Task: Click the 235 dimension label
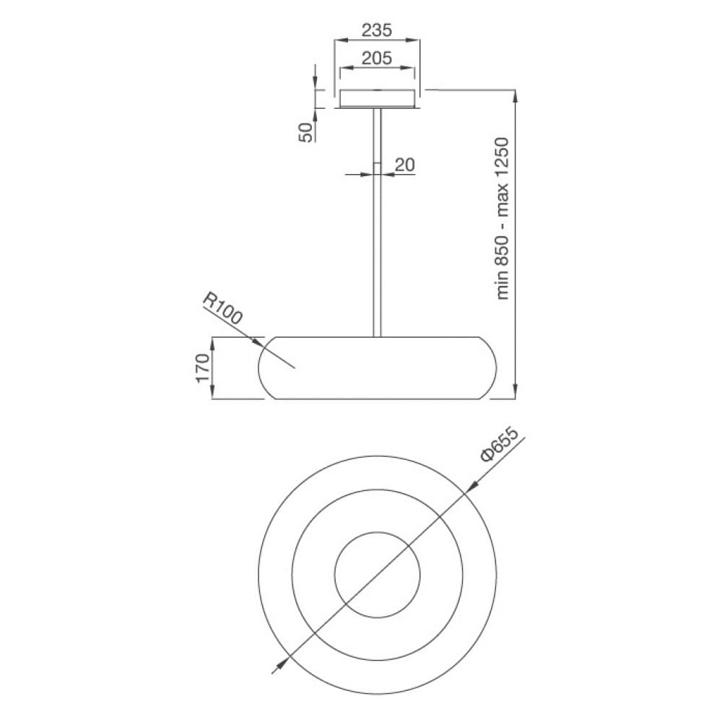point(376,30)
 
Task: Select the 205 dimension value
point(377,58)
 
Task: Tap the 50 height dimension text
point(306,131)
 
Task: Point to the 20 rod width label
point(405,165)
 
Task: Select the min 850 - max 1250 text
point(503,218)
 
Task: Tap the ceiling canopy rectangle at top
point(377,98)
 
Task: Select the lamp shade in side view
point(377,368)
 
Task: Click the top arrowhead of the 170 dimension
point(213,342)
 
